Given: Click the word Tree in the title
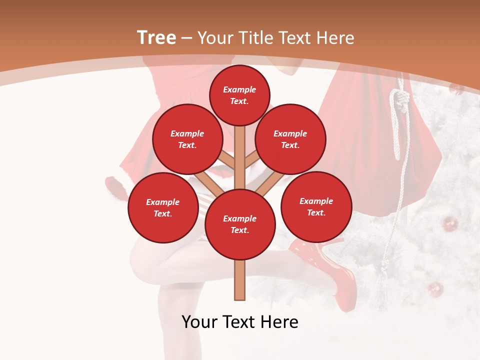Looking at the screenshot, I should pos(156,37).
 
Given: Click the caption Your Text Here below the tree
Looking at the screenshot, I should pos(240,322).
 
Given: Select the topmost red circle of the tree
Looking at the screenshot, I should pos(239,95).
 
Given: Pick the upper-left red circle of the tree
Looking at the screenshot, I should pos(187,139).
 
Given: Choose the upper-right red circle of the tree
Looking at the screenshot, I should pos(290,139).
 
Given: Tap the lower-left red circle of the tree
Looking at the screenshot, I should pos(163,207).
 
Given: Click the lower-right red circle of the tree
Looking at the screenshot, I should pos(316,206).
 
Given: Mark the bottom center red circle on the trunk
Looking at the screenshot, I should pos(240,224).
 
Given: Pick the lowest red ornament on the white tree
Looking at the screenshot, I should pos(435,289).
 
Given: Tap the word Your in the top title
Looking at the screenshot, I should pos(217,37).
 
